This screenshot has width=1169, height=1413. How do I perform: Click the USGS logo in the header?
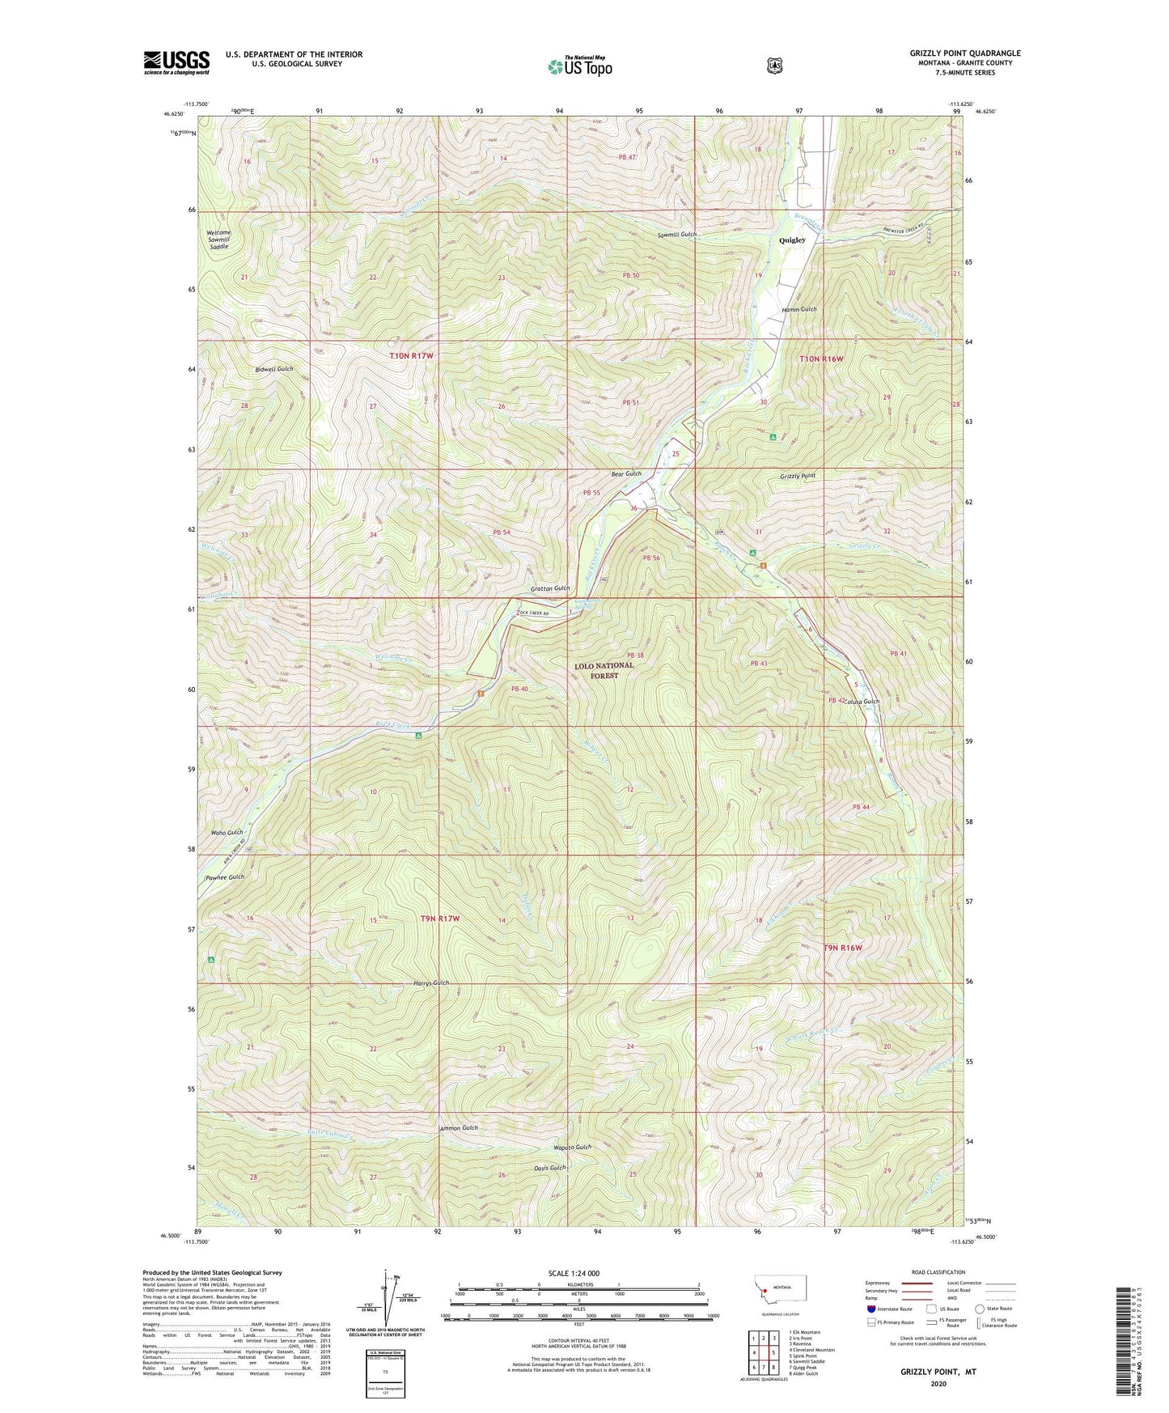tap(176, 62)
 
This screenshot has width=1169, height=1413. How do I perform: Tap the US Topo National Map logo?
tap(579, 66)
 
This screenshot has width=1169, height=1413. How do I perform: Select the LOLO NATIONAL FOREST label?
tap(604, 670)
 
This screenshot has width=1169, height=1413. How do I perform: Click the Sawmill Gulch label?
tap(677, 234)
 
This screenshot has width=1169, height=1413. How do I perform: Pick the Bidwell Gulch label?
tap(273, 369)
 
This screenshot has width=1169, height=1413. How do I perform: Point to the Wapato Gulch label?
tap(573, 1148)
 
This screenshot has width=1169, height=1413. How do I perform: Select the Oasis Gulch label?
tap(550, 1168)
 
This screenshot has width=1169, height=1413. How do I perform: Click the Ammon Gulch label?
tap(459, 1127)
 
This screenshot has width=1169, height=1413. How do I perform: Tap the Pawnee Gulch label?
tap(224, 877)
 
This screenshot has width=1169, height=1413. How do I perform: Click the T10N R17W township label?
tap(411, 356)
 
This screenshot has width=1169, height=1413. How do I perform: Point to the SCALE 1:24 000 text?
tap(571, 1273)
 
